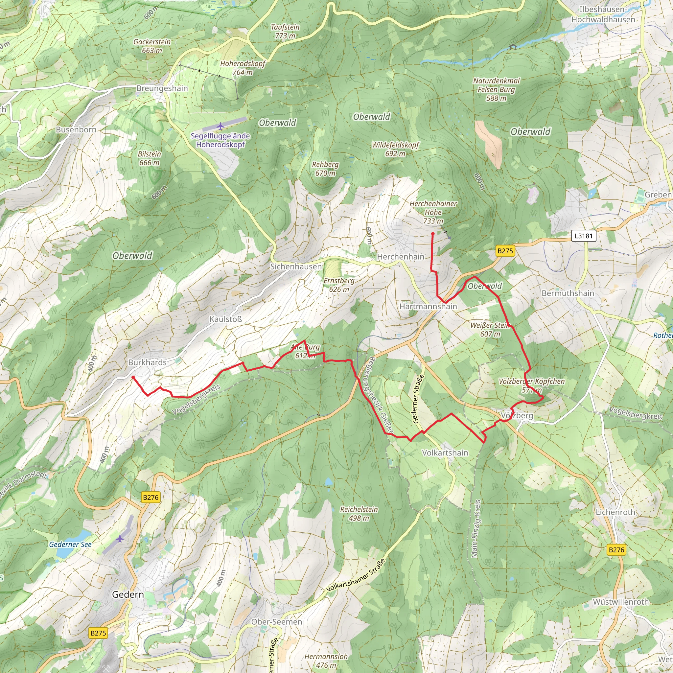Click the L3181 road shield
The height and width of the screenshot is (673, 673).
584,236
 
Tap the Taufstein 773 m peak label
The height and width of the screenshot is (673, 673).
285,31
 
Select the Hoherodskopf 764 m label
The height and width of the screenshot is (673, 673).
243,68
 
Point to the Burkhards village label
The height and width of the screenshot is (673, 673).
147,362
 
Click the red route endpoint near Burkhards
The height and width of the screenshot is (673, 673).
133,377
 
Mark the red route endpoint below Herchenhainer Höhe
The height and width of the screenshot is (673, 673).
433,234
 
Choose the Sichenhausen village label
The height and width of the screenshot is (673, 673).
296,267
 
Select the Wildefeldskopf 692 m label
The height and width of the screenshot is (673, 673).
395,149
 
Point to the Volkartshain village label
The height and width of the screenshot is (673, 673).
445,453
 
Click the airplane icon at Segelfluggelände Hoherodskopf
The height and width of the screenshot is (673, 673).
220,126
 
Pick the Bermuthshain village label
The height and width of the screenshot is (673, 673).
568,293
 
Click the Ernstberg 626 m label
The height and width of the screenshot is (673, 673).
338,285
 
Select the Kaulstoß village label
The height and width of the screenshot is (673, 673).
225,319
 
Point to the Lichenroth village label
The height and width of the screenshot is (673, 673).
615,512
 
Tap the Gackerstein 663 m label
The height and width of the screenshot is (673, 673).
152,46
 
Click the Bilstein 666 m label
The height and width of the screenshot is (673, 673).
150,158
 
